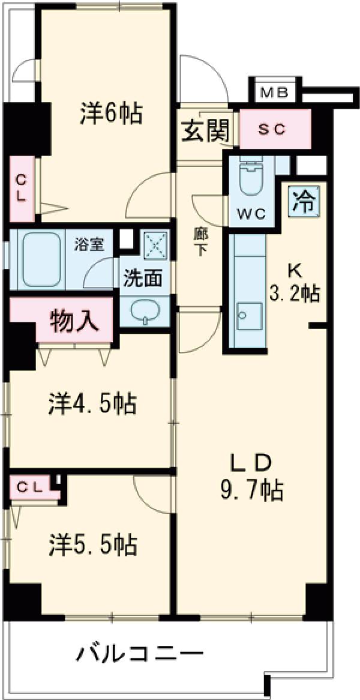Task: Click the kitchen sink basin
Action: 247,315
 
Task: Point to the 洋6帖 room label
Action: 112,113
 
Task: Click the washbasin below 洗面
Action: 145,312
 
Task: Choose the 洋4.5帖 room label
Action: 92,404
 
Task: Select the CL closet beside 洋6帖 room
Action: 22,187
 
